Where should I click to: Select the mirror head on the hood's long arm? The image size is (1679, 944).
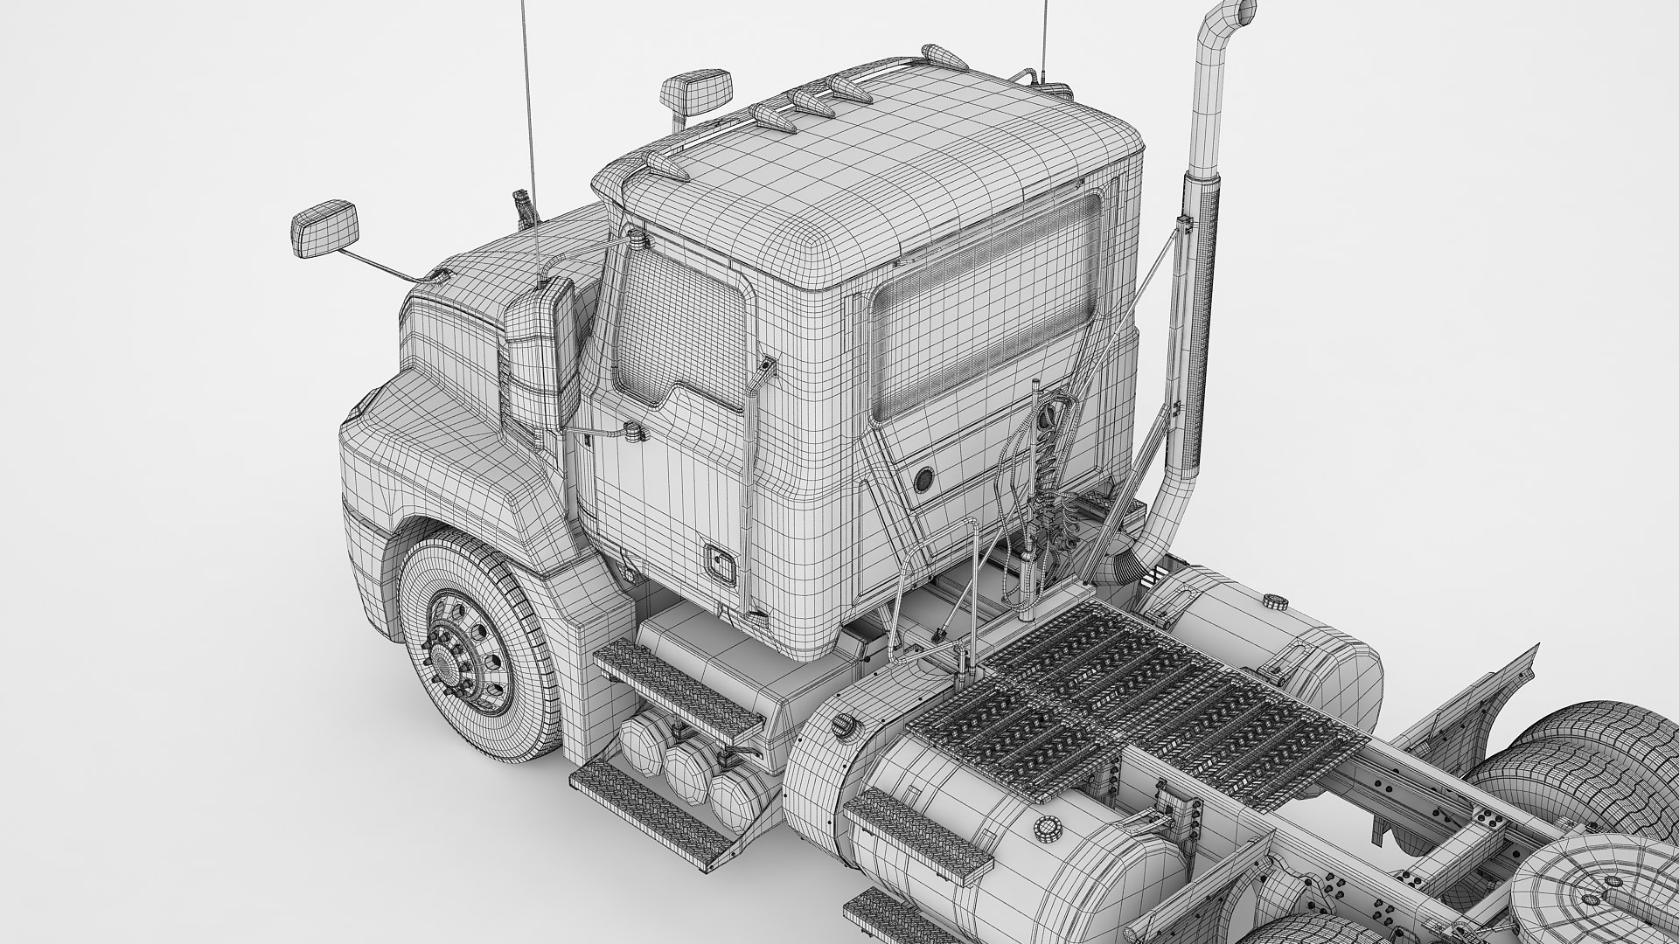point(324,228)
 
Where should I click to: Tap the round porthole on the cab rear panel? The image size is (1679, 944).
point(923,480)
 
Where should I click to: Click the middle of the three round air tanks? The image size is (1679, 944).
point(686,769)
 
